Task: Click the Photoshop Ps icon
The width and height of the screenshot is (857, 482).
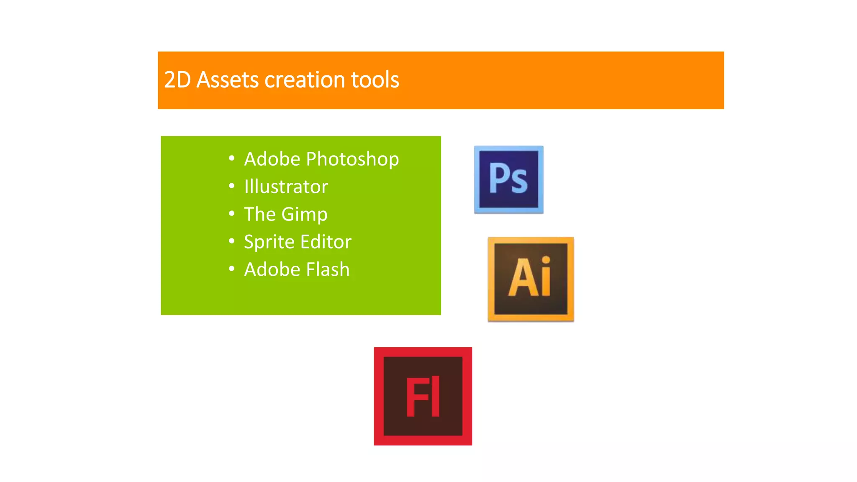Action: [x=508, y=179]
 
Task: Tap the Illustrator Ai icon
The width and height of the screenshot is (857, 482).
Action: [x=531, y=279]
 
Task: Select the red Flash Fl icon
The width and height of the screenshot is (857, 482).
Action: [x=423, y=396]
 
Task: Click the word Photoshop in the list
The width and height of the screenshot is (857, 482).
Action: [x=352, y=159]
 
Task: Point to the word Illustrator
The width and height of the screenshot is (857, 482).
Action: [x=286, y=187]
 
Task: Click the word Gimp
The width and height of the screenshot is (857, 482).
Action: [x=304, y=215]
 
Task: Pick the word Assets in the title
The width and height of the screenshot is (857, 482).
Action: [x=228, y=80]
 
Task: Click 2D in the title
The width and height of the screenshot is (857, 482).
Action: [x=177, y=80]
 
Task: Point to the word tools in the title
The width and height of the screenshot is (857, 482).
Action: [x=375, y=80]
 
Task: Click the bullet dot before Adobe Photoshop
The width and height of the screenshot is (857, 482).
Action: [x=232, y=158]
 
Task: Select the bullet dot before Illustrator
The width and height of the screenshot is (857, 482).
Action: [x=232, y=186]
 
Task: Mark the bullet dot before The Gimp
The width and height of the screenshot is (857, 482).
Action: [x=232, y=213]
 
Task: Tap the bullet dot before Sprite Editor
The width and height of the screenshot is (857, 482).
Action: [x=232, y=241]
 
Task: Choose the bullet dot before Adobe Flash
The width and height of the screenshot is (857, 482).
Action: [x=232, y=269]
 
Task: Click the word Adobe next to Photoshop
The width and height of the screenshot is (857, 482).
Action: [x=272, y=159]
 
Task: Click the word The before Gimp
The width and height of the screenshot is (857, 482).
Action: [x=260, y=214]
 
